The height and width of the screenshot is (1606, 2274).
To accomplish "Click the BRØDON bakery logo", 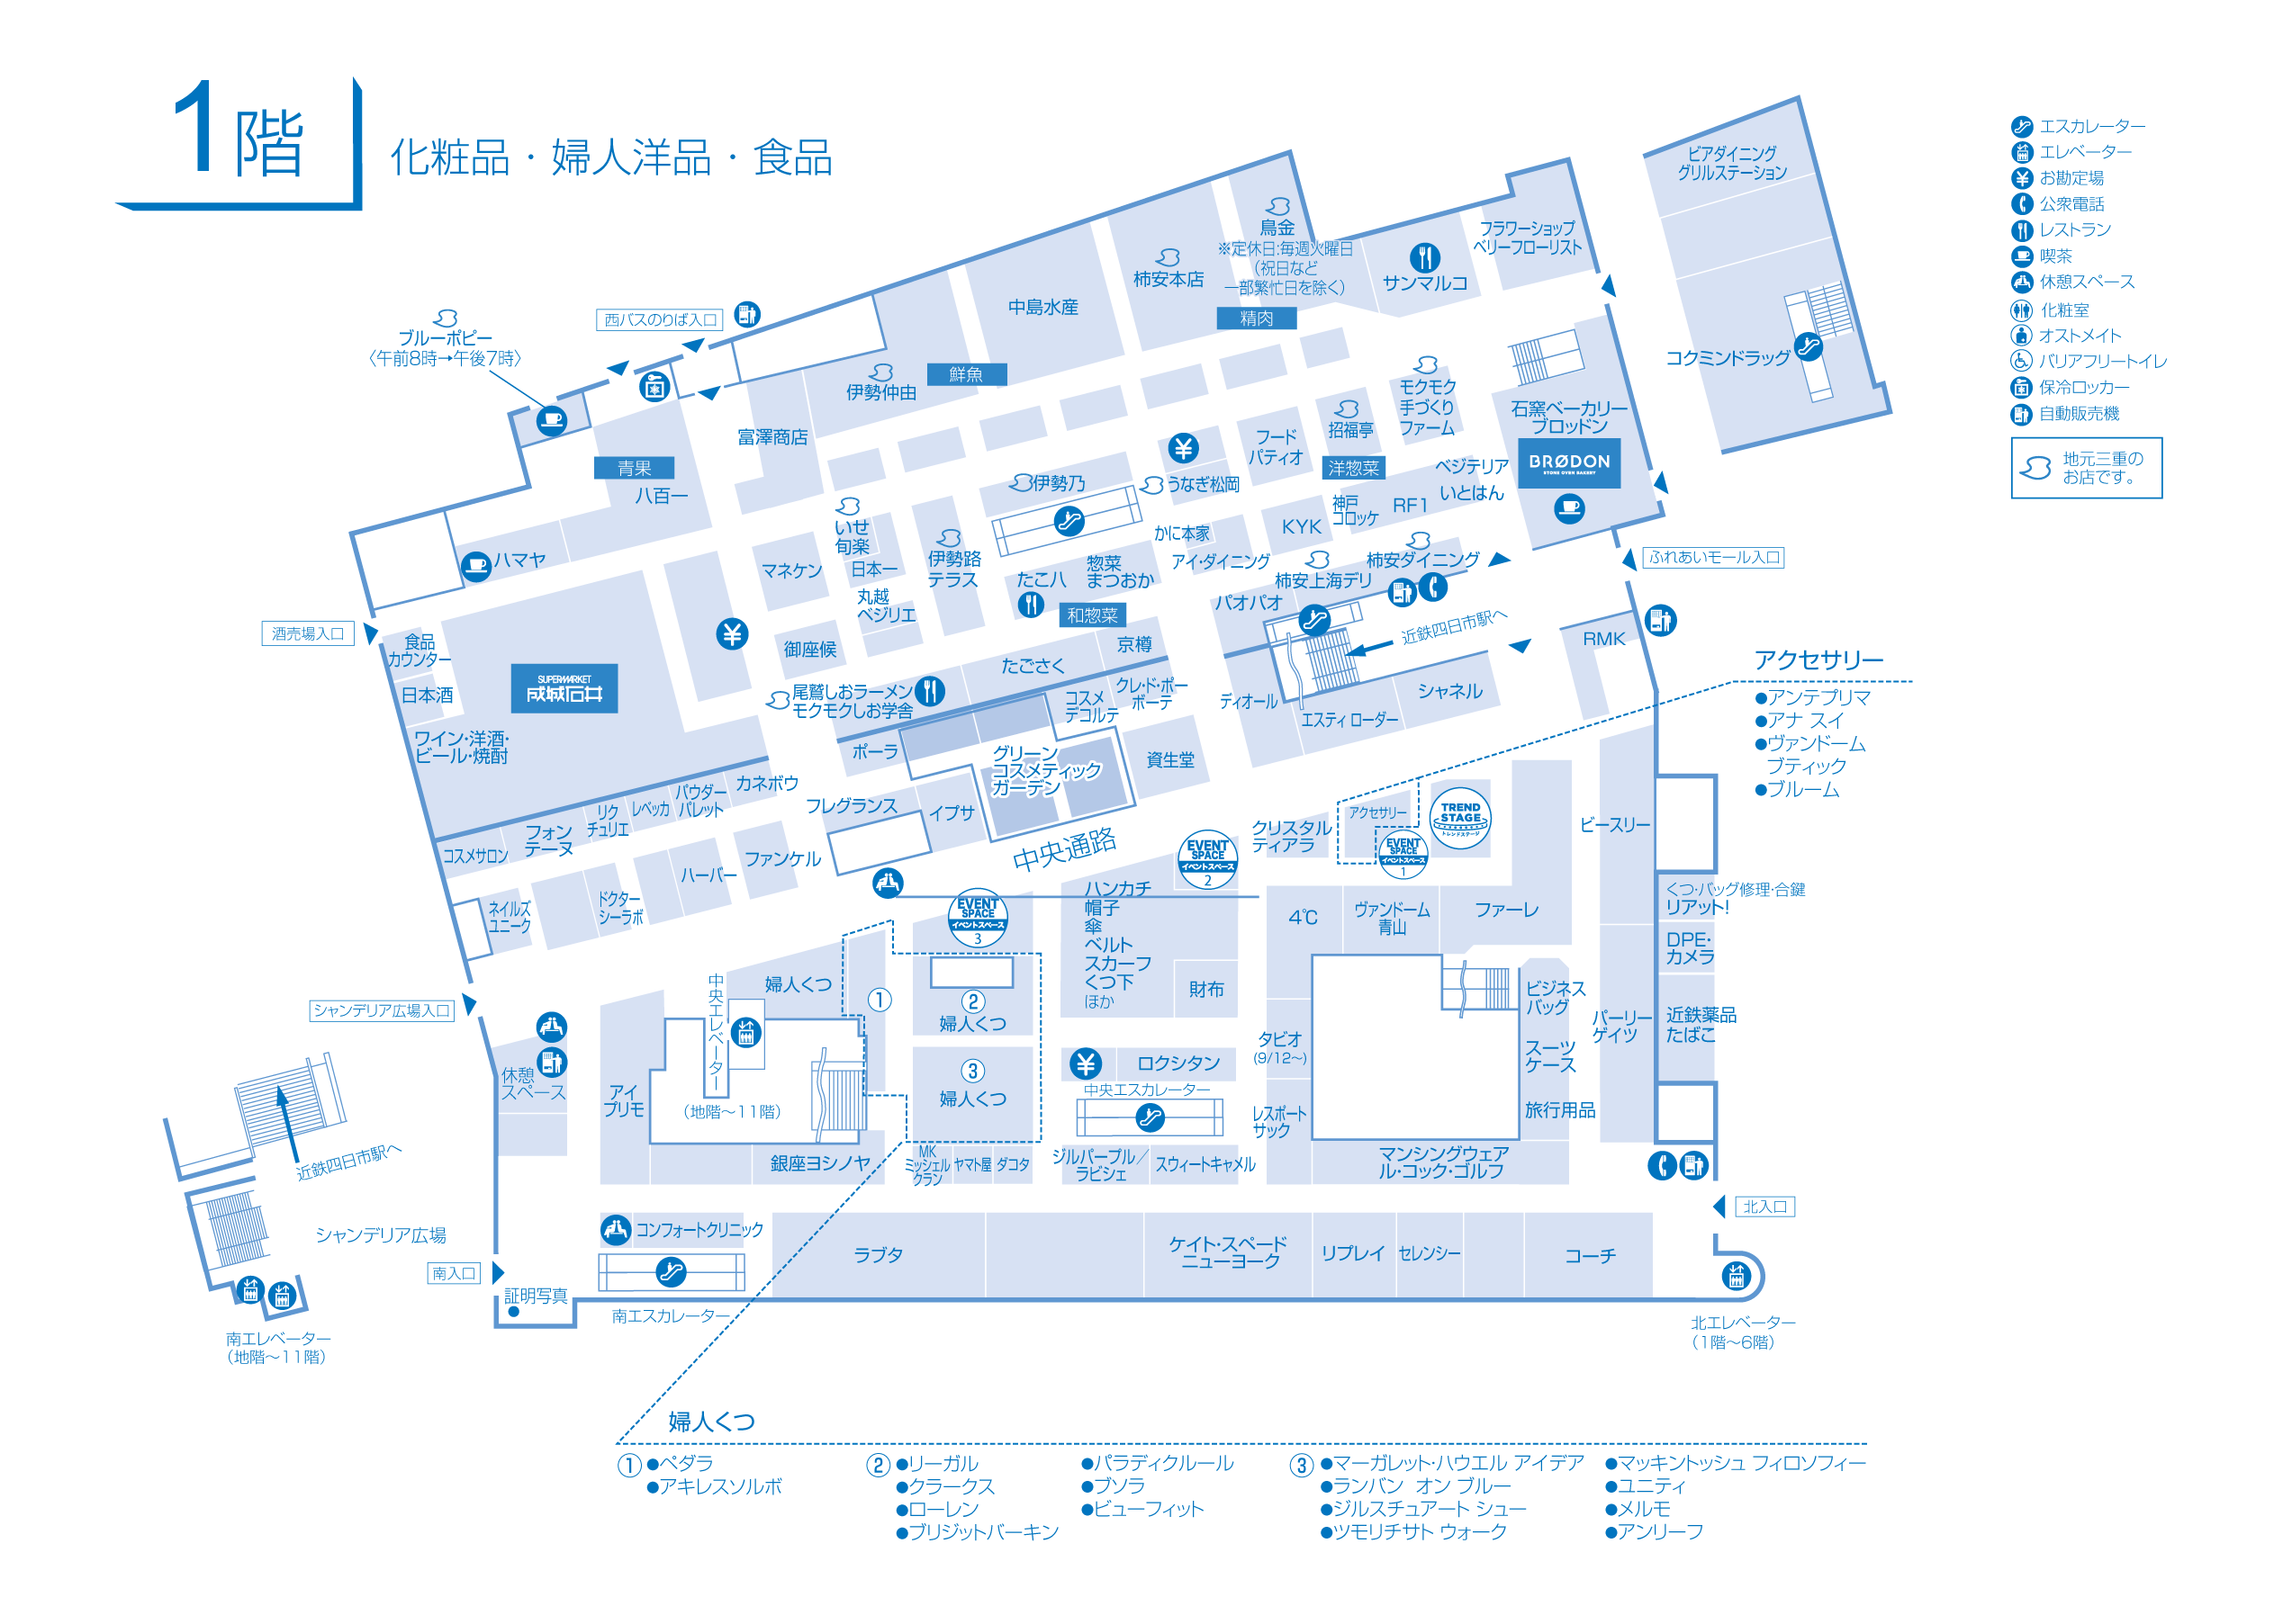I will tap(1569, 462).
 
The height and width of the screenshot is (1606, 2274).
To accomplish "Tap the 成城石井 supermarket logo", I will tap(564, 688).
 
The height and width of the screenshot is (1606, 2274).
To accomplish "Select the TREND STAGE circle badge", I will tap(1460, 817).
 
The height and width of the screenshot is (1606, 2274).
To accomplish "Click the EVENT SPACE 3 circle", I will tap(978, 917).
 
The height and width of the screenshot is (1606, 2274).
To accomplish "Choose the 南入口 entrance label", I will tap(454, 1273).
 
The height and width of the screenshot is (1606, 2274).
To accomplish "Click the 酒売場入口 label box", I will tap(308, 633).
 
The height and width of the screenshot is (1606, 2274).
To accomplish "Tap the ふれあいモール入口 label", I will tap(1713, 558).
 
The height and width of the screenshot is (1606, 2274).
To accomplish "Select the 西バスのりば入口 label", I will tap(660, 319).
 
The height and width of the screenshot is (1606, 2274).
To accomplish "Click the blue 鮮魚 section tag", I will tap(966, 374).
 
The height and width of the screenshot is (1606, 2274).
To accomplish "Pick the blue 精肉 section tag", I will tap(1256, 318).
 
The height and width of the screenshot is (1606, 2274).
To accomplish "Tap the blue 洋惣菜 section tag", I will tap(1353, 467).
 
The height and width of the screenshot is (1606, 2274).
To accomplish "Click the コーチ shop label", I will tap(1590, 1255).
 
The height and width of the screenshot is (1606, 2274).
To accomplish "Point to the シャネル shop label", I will tap(1450, 691).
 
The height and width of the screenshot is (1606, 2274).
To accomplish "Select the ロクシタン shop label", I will tap(1178, 1063).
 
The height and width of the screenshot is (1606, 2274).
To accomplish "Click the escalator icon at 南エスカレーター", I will tap(671, 1271).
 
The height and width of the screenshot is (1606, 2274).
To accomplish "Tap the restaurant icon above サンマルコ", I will tap(1424, 257).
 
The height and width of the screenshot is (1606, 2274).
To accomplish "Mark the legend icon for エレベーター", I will tap(2021, 152).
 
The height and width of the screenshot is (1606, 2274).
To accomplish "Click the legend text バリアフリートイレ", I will tap(2103, 362).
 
